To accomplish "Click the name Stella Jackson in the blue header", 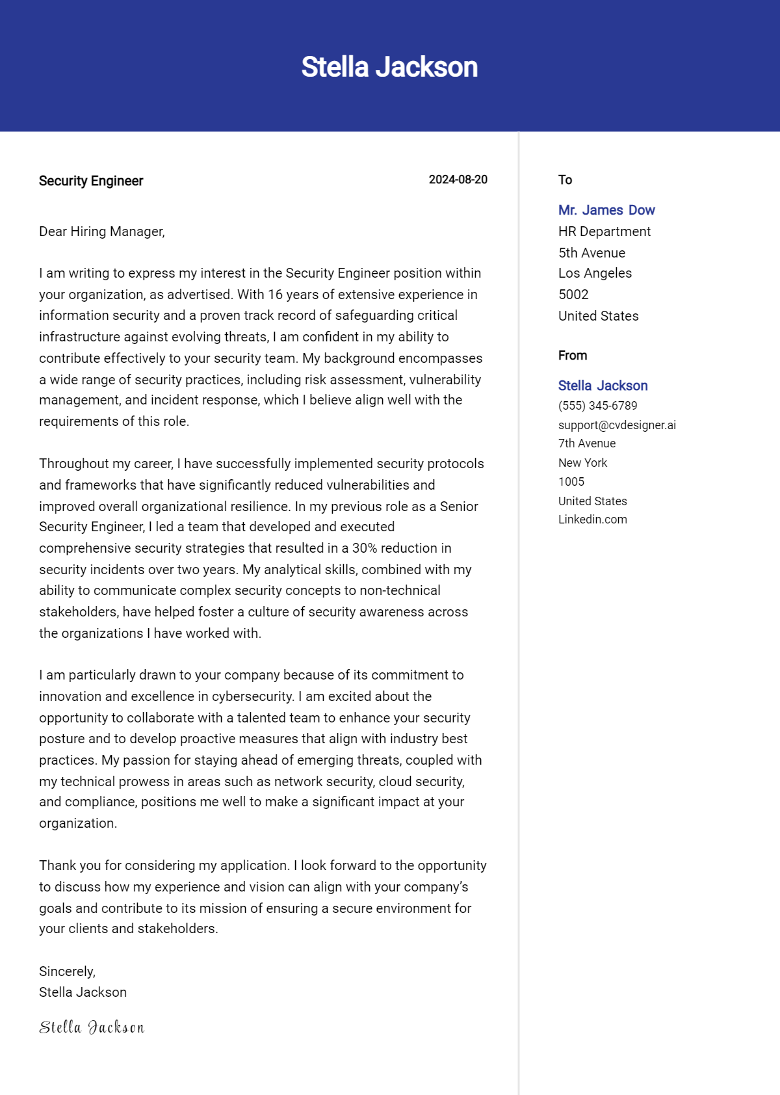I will click(x=389, y=67).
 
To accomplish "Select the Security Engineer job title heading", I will click(x=91, y=181).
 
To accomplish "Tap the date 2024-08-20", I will click(x=458, y=179).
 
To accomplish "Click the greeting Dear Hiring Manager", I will click(x=101, y=231).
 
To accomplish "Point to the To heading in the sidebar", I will click(x=565, y=180).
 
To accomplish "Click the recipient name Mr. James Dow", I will click(x=606, y=210).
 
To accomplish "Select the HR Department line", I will click(x=604, y=231).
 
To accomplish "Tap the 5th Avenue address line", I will click(x=591, y=253).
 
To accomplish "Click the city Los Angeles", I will click(x=595, y=273).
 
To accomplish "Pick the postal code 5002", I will click(x=573, y=295).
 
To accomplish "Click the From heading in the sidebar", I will click(x=572, y=356).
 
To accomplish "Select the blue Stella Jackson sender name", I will click(x=603, y=386).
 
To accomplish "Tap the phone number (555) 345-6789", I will click(x=597, y=406).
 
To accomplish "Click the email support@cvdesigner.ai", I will click(x=617, y=425).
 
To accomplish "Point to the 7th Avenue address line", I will click(x=586, y=443).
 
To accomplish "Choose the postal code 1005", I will click(x=571, y=482).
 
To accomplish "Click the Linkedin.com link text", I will click(x=592, y=520).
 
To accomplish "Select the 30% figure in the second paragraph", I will click(x=365, y=548).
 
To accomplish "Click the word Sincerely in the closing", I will click(x=67, y=971).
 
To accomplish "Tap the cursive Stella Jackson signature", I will click(x=92, y=1027).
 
